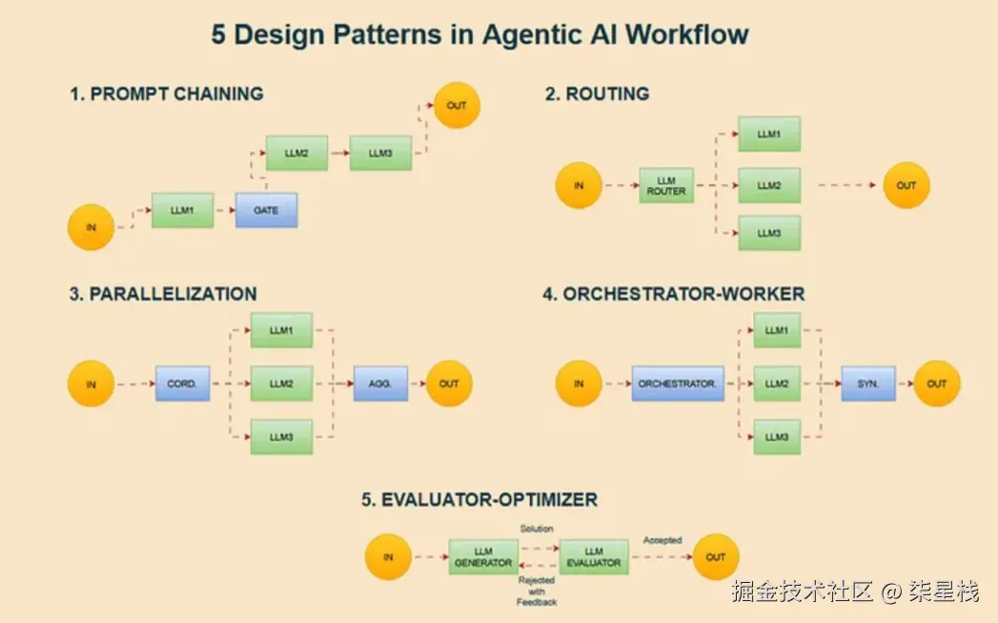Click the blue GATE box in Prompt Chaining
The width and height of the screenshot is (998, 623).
266,210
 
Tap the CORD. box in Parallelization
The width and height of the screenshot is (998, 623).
182,384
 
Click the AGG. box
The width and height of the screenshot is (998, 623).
380,384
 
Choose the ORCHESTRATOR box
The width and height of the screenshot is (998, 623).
678,384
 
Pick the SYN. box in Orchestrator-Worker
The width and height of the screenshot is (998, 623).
868,384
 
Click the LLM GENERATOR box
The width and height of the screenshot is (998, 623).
483,557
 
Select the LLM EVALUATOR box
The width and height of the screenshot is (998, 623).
594,557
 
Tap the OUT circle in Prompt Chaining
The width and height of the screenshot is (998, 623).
457,105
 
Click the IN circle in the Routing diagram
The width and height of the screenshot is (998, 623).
579,185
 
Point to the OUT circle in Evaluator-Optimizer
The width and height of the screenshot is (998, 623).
716,557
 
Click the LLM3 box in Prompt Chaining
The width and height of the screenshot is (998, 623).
380,153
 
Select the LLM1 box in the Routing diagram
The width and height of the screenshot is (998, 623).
769,135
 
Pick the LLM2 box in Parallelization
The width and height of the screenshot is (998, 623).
281,384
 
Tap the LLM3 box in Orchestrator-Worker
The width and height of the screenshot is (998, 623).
777,436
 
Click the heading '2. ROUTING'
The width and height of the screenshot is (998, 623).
597,93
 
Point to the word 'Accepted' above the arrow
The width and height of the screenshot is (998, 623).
662,540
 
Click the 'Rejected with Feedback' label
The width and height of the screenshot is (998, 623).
537,591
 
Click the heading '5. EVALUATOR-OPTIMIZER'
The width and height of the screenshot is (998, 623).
479,499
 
